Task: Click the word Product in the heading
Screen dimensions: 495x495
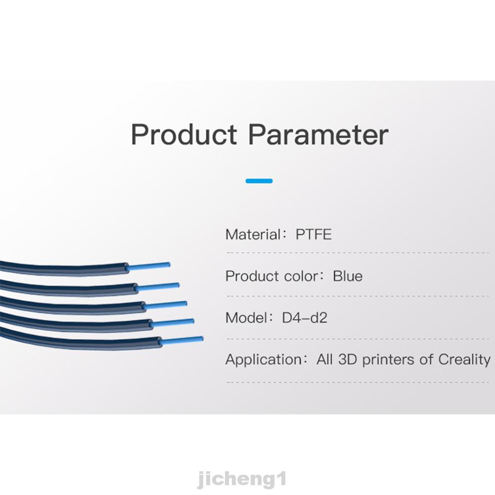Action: [x=184, y=135]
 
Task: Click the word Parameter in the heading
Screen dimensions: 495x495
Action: [x=318, y=135]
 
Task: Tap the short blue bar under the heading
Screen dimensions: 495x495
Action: [x=259, y=181]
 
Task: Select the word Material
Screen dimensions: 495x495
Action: [x=253, y=234]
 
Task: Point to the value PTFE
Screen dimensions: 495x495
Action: [x=314, y=234]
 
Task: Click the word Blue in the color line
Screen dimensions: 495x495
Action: [x=348, y=276]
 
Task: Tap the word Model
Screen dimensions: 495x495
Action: [x=247, y=318]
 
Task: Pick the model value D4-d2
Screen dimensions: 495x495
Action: [x=304, y=318]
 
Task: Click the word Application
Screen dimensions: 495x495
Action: [x=264, y=360]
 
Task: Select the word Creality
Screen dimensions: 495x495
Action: [x=464, y=360]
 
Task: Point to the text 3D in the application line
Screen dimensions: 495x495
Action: [x=348, y=360]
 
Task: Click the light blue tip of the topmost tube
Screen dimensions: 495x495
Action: [x=148, y=267]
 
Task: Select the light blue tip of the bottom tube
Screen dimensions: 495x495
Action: [x=181, y=340]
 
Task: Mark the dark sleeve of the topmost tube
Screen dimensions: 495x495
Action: [x=63, y=269]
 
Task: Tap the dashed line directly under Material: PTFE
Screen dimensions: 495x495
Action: [x=358, y=253]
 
